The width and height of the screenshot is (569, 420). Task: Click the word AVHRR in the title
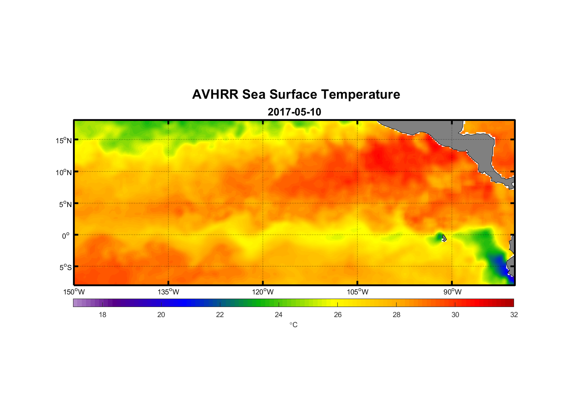coord(215,94)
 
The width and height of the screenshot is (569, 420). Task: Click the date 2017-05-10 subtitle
coord(294,112)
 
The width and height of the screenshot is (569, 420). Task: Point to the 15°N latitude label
coord(64,140)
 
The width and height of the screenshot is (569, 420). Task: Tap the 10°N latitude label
coord(64,172)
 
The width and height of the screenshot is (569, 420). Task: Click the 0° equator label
coord(66,236)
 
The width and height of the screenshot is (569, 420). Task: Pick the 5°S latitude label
coord(65,267)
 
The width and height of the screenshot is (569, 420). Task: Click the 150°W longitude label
coord(74,292)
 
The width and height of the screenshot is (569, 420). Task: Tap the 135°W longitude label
coord(168,292)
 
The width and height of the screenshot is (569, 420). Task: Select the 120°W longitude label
coord(263,292)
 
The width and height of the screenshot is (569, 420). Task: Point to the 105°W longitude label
coord(358,292)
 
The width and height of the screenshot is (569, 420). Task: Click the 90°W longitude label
coord(452,292)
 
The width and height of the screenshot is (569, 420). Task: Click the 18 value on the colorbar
coord(102,315)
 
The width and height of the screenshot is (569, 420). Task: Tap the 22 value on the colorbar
coord(220,315)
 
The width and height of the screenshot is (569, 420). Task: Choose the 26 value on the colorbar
coord(338,315)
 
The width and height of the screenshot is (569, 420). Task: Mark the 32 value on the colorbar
coord(514,315)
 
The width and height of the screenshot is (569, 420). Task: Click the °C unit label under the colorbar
coord(293,325)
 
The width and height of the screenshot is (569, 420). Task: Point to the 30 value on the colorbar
coord(455,315)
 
